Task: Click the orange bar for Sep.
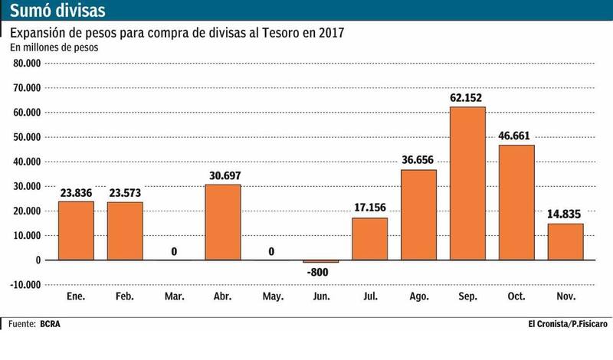[x=467, y=184]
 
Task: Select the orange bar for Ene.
[x=77, y=231]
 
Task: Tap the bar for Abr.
[x=223, y=222]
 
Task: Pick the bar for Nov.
[x=565, y=241]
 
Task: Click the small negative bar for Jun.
[x=321, y=261]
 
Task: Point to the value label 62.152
[x=467, y=97]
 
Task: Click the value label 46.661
[x=516, y=135]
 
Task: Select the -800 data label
[x=321, y=271]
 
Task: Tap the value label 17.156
[x=369, y=208]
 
